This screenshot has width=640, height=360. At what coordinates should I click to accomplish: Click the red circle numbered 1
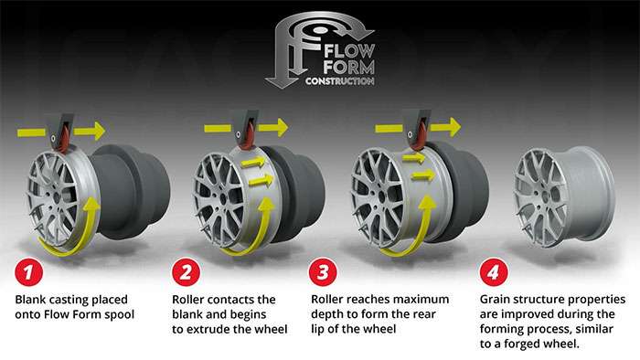click(x=28, y=272)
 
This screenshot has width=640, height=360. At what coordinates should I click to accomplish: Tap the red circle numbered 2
click(x=187, y=272)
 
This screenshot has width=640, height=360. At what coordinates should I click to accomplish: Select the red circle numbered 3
click(x=323, y=272)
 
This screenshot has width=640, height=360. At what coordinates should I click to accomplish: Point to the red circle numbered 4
click(x=494, y=272)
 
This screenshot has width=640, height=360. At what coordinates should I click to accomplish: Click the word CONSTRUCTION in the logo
click(x=339, y=81)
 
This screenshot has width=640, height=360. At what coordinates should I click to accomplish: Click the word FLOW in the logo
click(x=349, y=51)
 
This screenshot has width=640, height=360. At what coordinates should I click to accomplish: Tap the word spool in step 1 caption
click(x=120, y=315)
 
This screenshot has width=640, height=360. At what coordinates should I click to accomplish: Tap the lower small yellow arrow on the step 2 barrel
click(x=261, y=180)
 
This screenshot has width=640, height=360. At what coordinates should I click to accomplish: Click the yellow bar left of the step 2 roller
click(x=218, y=129)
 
